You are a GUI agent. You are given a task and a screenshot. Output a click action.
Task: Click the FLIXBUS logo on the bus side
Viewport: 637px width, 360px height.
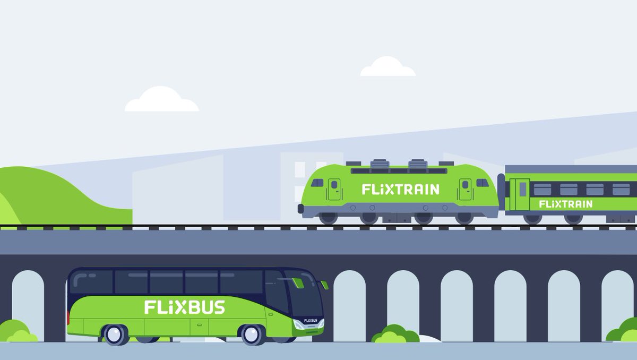pos(184,307)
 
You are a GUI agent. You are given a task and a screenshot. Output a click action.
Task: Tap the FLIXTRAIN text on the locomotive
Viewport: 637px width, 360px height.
pos(400,190)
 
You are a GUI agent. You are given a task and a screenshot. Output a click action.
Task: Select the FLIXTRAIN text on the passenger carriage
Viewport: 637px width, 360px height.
pos(565,204)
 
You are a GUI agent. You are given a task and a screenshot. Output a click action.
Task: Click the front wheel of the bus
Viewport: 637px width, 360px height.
pos(252,335)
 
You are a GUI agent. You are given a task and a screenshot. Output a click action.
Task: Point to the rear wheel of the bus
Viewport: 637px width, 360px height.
pos(115,335)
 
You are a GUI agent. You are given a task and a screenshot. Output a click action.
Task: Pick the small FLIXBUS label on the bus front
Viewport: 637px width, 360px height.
pos(311,321)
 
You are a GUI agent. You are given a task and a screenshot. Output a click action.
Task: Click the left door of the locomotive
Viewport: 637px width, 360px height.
pos(334,190)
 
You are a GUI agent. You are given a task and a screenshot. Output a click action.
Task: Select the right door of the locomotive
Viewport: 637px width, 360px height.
pos(465,190)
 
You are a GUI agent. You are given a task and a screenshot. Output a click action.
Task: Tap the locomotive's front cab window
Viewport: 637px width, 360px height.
pos(317,183)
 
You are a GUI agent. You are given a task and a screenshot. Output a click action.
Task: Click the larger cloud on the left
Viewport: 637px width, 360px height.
pos(161,100)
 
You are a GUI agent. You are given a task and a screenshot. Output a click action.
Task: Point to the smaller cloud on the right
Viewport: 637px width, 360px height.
pos(388,67)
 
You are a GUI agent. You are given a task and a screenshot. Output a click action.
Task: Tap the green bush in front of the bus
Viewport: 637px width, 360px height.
pos(395,335)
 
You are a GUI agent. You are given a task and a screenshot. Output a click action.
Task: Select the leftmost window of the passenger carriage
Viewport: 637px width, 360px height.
pos(542,190)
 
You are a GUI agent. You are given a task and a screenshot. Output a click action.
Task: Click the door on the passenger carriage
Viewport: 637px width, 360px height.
pos(520,195)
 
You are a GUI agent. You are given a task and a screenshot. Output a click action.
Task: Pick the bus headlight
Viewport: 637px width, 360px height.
pos(300,325)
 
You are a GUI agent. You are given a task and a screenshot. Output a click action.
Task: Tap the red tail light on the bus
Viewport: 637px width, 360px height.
pos(68,318)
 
